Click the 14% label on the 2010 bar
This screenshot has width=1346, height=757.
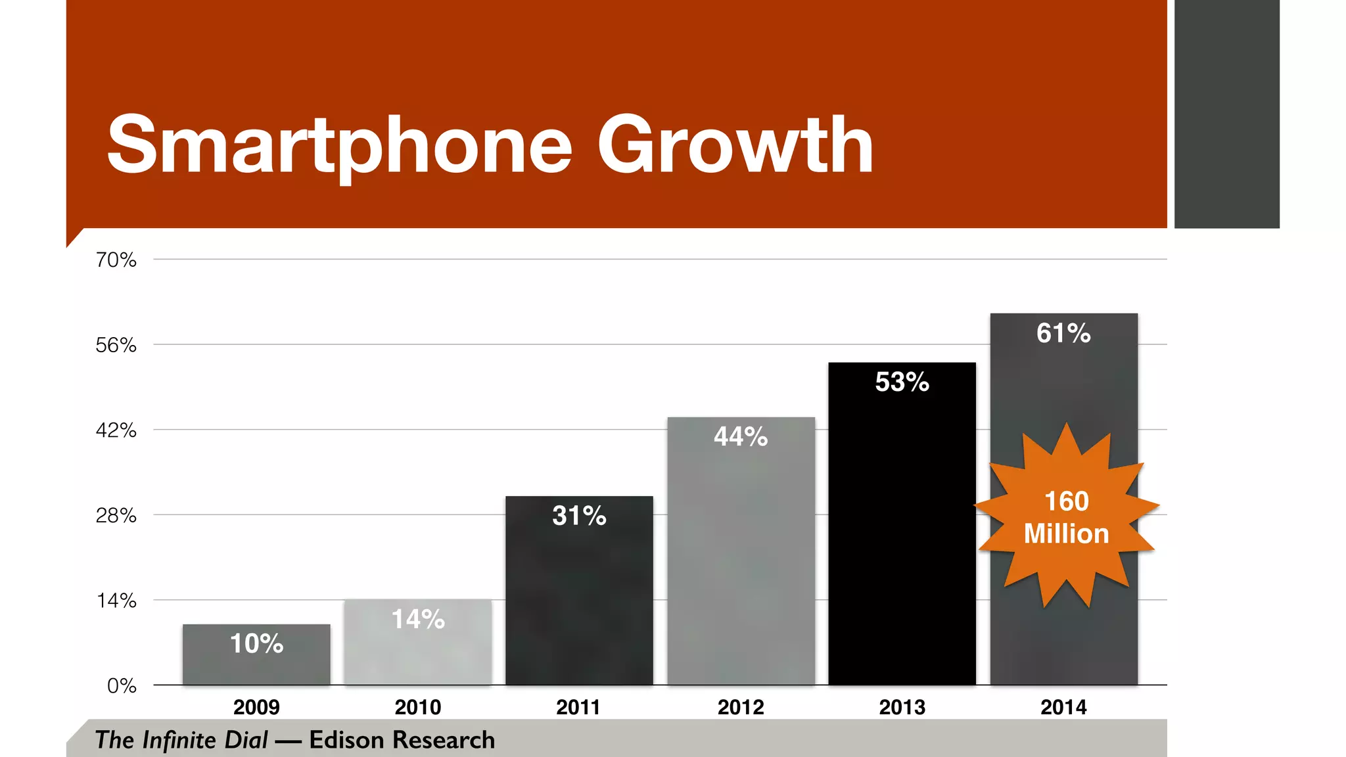[418, 619]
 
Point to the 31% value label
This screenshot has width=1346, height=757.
[579, 516]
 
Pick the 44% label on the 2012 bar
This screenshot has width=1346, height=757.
[741, 437]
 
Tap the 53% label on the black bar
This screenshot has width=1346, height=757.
[902, 382]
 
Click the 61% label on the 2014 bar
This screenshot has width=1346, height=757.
[1063, 333]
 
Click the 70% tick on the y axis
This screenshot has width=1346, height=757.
[116, 260]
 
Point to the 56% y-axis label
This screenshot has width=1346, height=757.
[116, 346]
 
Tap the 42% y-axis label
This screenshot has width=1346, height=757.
[116, 430]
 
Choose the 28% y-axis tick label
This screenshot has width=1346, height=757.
[116, 516]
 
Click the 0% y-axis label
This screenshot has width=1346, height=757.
[122, 686]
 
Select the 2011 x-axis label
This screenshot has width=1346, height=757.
[578, 708]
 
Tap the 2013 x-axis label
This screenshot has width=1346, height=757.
[902, 708]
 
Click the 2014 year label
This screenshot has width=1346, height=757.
[1063, 708]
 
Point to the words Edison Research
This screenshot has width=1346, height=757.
[402, 740]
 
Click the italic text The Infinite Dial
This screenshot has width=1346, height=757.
[181, 740]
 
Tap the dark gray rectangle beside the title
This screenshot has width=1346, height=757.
[1226, 114]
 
